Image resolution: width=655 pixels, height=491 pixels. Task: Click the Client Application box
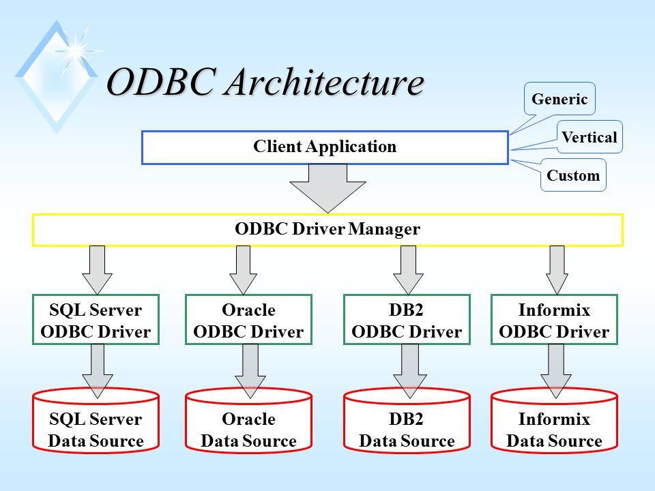(325, 147)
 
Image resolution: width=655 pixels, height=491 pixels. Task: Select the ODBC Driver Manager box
(328, 230)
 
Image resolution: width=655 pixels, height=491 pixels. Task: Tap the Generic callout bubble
(559, 99)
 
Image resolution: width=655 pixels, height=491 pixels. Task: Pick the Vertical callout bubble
(589, 137)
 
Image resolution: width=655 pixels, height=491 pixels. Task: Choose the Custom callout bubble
(573, 175)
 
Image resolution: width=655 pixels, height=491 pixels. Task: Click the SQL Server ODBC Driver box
(96, 320)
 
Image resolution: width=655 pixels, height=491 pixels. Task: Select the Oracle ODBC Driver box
(248, 320)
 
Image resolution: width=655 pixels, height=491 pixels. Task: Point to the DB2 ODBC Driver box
(407, 320)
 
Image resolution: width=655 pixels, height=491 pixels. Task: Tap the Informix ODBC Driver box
(554, 320)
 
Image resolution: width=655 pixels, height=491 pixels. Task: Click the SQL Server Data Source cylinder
(96, 421)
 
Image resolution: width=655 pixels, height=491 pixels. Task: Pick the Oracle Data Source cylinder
(248, 421)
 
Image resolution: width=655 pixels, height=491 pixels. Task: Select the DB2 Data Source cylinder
(407, 421)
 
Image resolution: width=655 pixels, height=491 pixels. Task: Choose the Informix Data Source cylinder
(554, 421)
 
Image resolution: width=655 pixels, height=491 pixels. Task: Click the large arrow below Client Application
(328, 188)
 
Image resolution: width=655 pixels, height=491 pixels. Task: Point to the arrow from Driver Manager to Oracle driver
(243, 270)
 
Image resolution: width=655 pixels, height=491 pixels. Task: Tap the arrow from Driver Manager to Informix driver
(557, 270)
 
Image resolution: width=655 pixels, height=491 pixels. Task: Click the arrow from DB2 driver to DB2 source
(410, 371)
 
